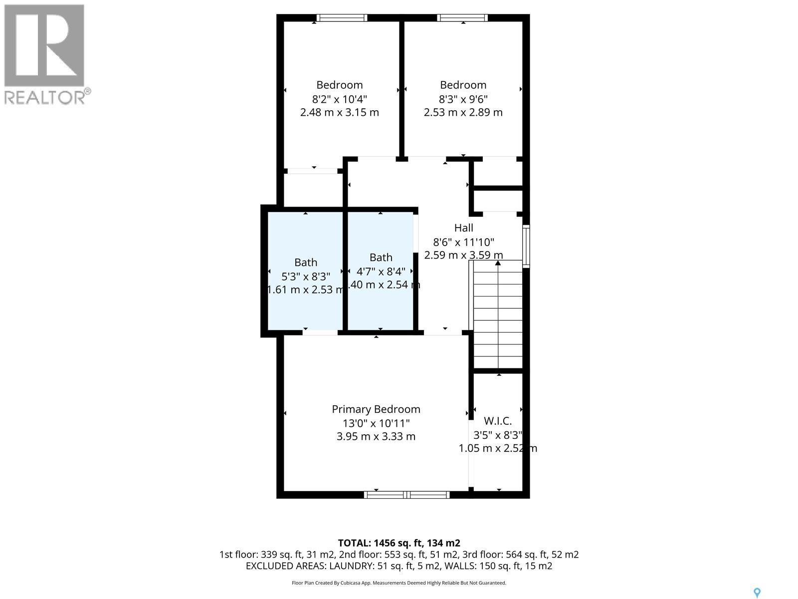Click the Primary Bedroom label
click(x=376, y=409)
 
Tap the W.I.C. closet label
click(x=498, y=421)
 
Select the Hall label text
click(x=463, y=228)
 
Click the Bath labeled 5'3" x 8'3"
click(x=305, y=263)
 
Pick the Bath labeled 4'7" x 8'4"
click(x=381, y=258)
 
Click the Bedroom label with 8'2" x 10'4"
click(x=339, y=85)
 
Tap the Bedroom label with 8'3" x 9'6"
click(x=463, y=85)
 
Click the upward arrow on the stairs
click(x=498, y=263)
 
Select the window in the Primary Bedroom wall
click(x=406, y=495)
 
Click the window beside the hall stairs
click(x=526, y=247)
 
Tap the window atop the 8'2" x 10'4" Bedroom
click(x=342, y=18)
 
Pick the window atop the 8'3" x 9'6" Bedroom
click(x=462, y=18)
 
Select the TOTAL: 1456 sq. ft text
click(x=399, y=543)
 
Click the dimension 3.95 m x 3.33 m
click(x=376, y=437)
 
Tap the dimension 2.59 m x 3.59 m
click(x=463, y=255)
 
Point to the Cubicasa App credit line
click(x=399, y=583)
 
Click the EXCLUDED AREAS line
click(x=399, y=566)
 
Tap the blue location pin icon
click(x=757, y=593)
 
